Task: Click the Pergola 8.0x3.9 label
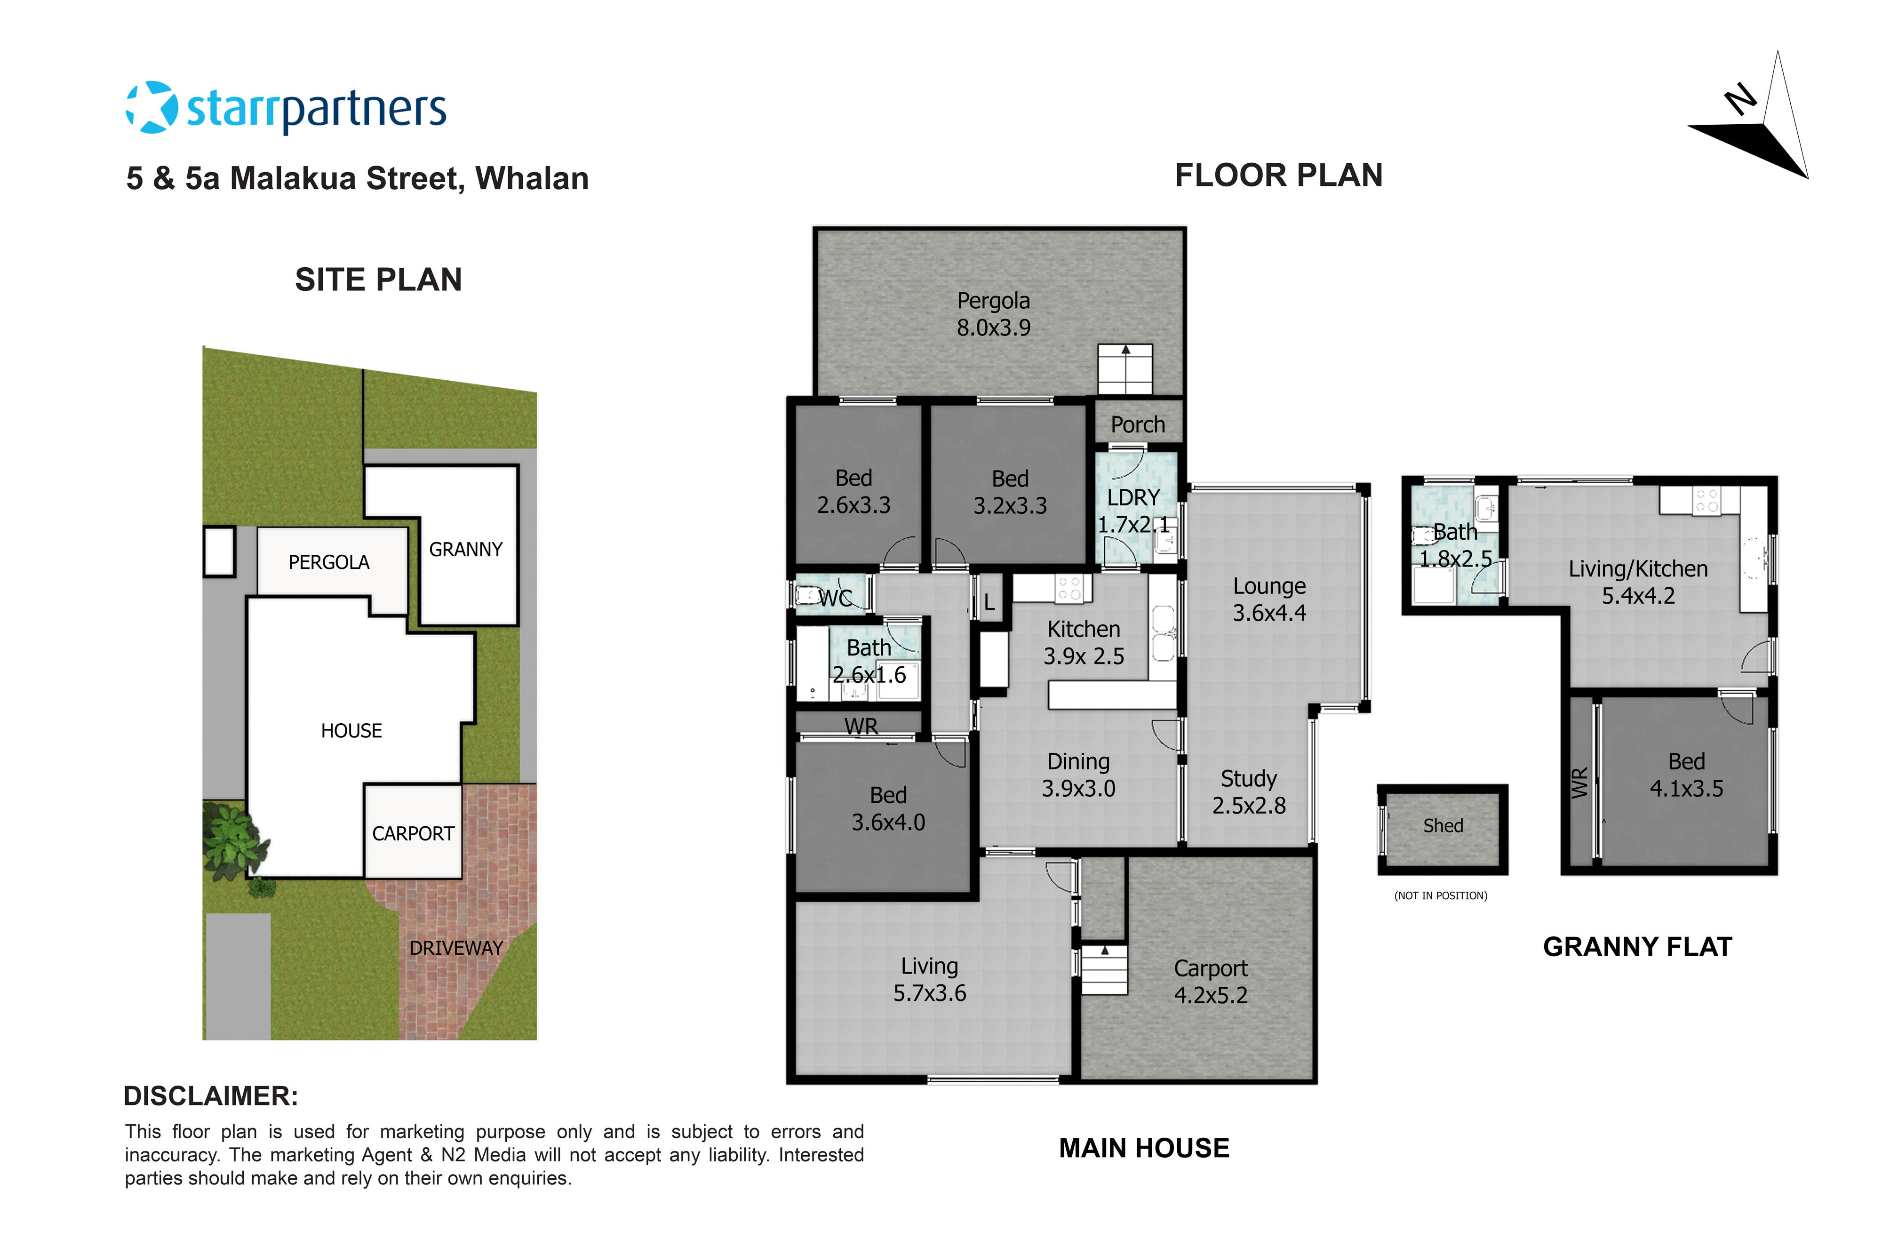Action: coord(993,314)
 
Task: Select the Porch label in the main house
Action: coord(1137,424)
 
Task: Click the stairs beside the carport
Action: coord(1104,969)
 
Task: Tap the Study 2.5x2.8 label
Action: coord(1248,791)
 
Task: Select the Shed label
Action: coord(1443,825)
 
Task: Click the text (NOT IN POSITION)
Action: coord(1440,895)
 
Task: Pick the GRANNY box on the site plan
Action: coord(466,549)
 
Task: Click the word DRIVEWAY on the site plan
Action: coord(456,948)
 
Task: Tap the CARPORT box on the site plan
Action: coord(413,833)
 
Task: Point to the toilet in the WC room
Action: coord(806,595)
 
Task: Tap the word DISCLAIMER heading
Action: coord(210,1096)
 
